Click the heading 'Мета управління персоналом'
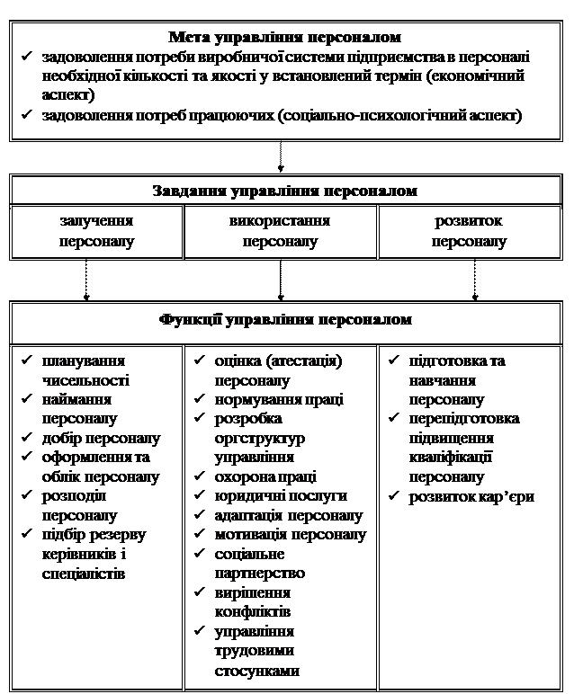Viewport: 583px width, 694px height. pyautogui.click(x=285, y=38)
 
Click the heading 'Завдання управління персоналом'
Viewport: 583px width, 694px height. pyautogui.click(x=285, y=191)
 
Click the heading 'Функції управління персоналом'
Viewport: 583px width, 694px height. pyautogui.click(x=285, y=319)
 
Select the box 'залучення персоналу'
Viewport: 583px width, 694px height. pyautogui.click(x=96, y=231)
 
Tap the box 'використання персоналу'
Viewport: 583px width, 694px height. pyautogui.click(x=280, y=231)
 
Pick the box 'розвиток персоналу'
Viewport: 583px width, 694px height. pyautogui.click(x=469, y=231)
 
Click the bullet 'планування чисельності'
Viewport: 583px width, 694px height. pyautogui.click(x=85, y=370)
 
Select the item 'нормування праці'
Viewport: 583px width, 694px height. pyautogui.click(x=279, y=399)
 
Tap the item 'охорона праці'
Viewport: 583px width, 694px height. pyautogui.click(x=265, y=476)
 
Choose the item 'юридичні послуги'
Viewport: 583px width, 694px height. pyautogui.click(x=281, y=495)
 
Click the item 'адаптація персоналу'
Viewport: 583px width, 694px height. pyautogui.click(x=289, y=515)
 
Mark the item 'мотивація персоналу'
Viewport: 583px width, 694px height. pyautogui.click(x=291, y=535)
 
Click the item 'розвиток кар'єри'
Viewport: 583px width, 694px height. pyautogui.click(x=471, y=496)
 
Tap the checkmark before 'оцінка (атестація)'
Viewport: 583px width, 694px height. pyautogui.click(x=201, y=361)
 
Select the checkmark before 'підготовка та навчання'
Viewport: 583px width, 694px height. pyautogui.click(x=395, y=361)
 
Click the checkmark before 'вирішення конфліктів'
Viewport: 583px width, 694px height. pyautogui.click(x=201, y=593)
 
